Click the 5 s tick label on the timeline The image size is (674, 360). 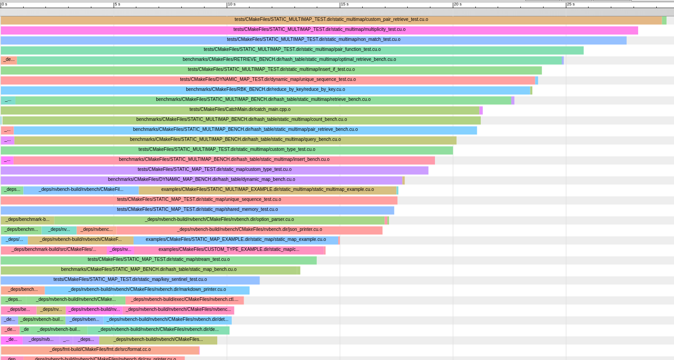[117, 4]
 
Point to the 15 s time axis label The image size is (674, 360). [344, 4]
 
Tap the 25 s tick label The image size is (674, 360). [570, 4]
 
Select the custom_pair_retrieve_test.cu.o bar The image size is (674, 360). [331, 20]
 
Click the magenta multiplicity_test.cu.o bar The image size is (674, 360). [319, 30]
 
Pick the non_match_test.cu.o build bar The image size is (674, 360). [314, 40]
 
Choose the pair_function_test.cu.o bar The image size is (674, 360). [292, 50]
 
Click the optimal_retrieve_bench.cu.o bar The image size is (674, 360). [289, 60]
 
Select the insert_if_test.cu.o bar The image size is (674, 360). [271, 70]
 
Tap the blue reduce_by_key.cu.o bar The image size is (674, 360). [265, 90]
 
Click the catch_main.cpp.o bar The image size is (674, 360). [240, 110]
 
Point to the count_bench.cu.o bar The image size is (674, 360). [241, 120]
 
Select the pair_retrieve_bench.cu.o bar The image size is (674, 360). [245, 130]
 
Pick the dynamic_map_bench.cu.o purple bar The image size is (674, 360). [201, 180]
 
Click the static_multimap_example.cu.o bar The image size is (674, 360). [267, 190]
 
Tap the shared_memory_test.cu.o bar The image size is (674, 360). [197, 210]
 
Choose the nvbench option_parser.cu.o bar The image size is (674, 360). [219, 220]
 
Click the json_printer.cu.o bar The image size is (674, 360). [249, 230]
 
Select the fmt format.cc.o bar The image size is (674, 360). [100, 350]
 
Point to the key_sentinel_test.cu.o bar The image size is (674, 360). [130, 280]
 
